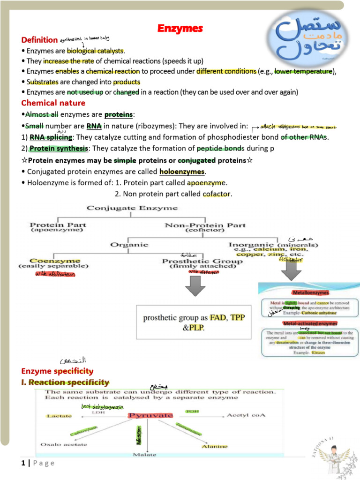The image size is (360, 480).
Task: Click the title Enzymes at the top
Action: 180,29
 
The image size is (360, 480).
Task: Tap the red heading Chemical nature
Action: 53,103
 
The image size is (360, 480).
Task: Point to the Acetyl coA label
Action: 247,415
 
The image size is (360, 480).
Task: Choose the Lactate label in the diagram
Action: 59,416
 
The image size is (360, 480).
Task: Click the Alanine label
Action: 215,446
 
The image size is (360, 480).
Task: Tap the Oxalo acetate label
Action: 62,444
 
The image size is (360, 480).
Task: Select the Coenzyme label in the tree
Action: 54,261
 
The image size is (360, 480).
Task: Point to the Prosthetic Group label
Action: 202,261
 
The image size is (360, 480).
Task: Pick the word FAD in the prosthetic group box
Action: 217,318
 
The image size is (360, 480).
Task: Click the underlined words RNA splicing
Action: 51,137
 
